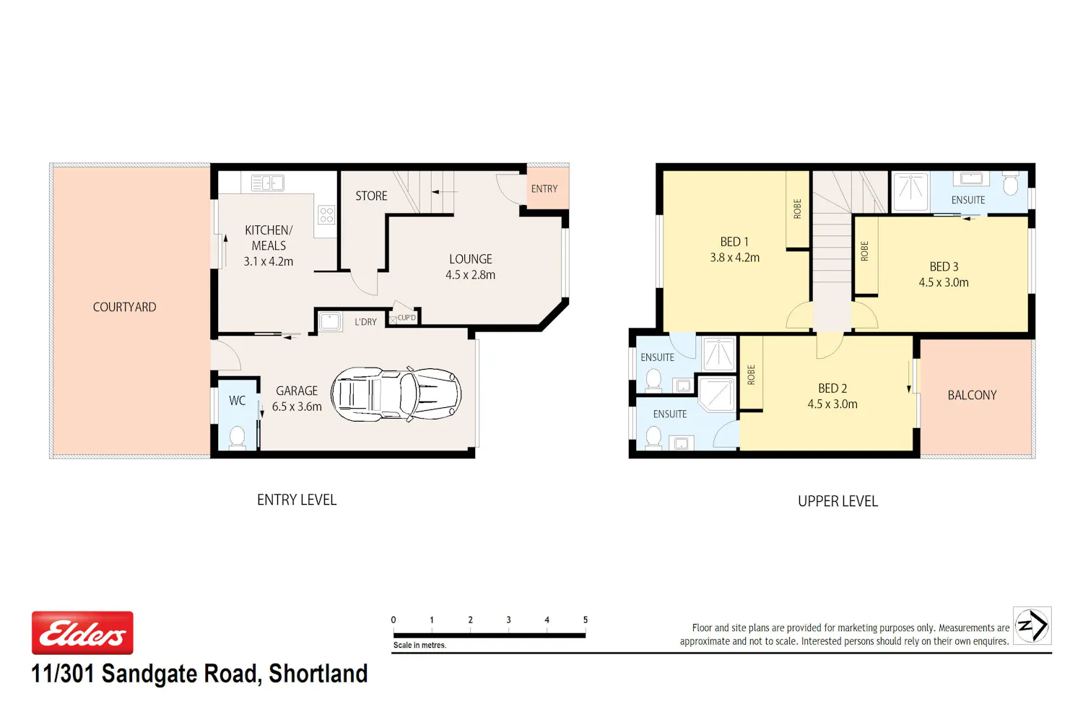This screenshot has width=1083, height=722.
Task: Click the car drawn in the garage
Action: (396, 394)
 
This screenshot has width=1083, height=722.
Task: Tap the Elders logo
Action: (83, 632)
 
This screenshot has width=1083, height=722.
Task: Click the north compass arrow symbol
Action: (1032, 625)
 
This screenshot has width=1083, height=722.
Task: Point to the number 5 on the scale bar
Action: (585, 619)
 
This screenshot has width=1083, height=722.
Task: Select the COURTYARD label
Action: (124, 307)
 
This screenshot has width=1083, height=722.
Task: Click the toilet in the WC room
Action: (237, 437)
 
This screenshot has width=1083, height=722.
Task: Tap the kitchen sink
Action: (267, 183)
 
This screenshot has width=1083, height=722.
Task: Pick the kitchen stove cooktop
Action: (326, 214)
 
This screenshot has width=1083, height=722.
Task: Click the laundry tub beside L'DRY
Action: (330, 321)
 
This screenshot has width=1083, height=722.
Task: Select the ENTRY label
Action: (544, 188)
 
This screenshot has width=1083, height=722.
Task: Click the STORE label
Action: (371, 196)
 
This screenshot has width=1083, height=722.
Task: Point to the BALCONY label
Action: (972, 395)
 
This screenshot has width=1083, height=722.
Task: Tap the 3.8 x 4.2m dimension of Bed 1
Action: (734, 257)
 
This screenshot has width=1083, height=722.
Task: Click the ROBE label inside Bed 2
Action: (751, 375)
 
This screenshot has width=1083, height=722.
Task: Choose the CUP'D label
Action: (406, 318)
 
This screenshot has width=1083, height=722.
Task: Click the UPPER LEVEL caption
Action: (838, 501)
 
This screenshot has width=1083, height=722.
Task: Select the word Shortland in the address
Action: (318, 674)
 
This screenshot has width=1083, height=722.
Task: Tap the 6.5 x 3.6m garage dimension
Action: (297, 406)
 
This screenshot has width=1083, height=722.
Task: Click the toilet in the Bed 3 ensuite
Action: (1011, 183)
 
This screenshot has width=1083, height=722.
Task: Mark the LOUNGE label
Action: (471, 258)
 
